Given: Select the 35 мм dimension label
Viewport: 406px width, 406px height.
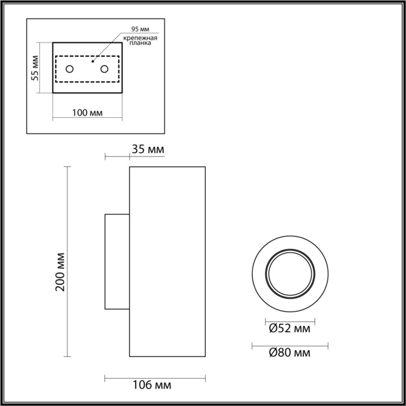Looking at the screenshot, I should coord(148,150).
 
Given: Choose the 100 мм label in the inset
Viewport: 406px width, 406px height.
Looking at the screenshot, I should coord(88,112).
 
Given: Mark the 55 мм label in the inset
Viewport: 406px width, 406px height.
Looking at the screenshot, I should coord(35,67).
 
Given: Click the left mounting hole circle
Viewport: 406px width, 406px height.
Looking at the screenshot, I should coord(69,70).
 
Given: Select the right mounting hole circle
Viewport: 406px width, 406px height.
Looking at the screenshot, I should coord(105,70).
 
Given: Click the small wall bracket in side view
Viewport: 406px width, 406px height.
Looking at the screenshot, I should coord(117,262).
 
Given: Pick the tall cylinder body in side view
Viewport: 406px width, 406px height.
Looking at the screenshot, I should coord(167,262).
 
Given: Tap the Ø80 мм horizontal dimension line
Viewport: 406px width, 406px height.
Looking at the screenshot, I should coord(290,347).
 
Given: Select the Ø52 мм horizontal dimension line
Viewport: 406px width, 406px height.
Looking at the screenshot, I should coord(290,321).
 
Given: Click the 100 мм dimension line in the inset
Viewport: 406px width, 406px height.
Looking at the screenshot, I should coord(88,119).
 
